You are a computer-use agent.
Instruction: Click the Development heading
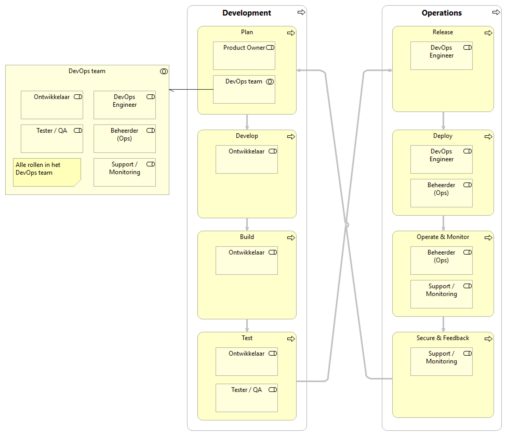pyautogui.click(x=246, y=13)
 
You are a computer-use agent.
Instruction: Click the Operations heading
pyautogui.click(x=441, y=13)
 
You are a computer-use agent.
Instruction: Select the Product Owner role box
pyautogui.click(x=244, y=56)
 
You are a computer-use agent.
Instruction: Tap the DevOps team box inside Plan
pyautogui.click(x=244, y=89)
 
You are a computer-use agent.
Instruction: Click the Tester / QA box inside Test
pyautogui.click(x=246, y=398)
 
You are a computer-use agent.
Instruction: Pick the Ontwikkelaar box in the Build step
pyautogui.click(x=246, y=260)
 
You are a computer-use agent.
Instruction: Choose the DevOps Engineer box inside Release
pyautogui.click(x=441, y=56)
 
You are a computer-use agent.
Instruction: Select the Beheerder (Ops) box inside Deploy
pyautogui.click(x=441, y=193)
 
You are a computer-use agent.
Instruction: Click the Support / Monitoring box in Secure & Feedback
pyautogui.click(x=441, y=361)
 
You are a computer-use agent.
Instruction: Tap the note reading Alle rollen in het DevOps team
pyautogui.click(x=47, y=172)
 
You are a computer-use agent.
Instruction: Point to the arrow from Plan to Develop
pyautogui.click(x=247, y=122)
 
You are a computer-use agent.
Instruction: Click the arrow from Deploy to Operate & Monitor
pyautogui.click(x=443, y=223)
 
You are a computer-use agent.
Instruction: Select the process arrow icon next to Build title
pyautogui.click(x=291, y=238)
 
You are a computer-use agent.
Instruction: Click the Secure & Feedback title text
pyautogui.click(x=443, y=338)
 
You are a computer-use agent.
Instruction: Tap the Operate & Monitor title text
pyautogui.click(x=443, y=237)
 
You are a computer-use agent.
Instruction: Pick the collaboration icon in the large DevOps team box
pyautogui.click(x=164, y=72)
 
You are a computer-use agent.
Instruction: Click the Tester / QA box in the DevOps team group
pyautogui.click(x=52, y=138)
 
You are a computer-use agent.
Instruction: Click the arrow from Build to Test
pyautogui.click(x=247, y=325)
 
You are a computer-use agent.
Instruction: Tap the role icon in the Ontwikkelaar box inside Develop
pyautogui.click(x=273, y=151)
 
